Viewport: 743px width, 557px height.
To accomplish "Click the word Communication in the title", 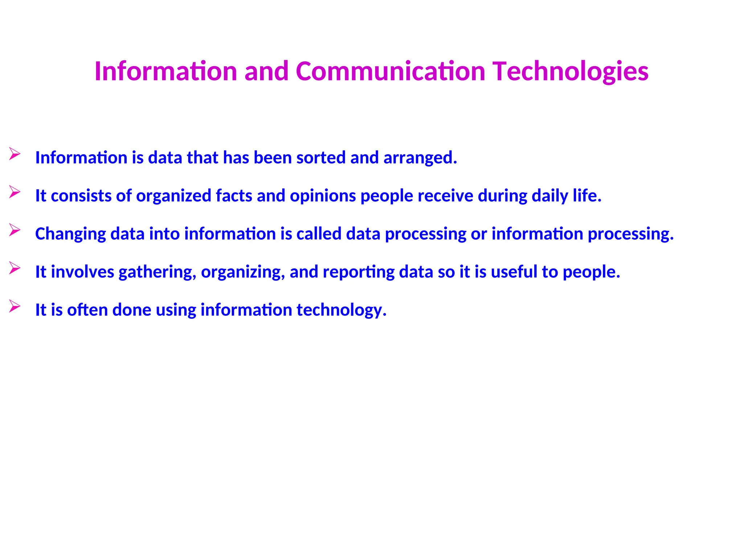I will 390,71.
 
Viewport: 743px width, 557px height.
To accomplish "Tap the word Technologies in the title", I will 570,72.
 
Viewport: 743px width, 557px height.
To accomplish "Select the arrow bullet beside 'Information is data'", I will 15,154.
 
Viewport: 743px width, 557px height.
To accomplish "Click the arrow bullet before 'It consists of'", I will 15,192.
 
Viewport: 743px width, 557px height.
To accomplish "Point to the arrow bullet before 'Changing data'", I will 15,230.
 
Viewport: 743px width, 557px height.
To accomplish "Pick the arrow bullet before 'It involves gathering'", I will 15,268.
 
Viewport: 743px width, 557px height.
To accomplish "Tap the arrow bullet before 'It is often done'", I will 15,306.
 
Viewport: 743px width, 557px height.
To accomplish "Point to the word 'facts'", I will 234,196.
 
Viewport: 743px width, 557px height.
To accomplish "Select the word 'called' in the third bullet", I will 319,234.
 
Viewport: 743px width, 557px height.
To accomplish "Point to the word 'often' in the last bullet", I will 87,310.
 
